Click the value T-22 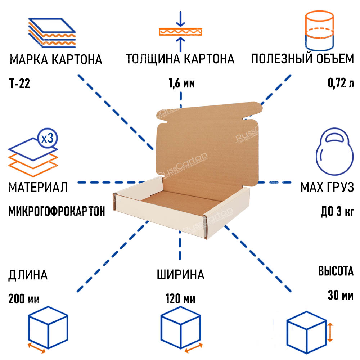click(x=19, y=84)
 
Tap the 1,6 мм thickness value click(x=181, y=84)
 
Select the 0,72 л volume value click(x=341, y=84)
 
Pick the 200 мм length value click(x=24, y=299)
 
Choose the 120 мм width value click(x=180, y=299)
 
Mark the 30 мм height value click(x=341, y=295)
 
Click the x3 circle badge click(x=47, y=139)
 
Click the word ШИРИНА click(x=180, y=275)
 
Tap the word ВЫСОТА click(x=336, y=271)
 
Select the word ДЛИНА click(x=28, y=275)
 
